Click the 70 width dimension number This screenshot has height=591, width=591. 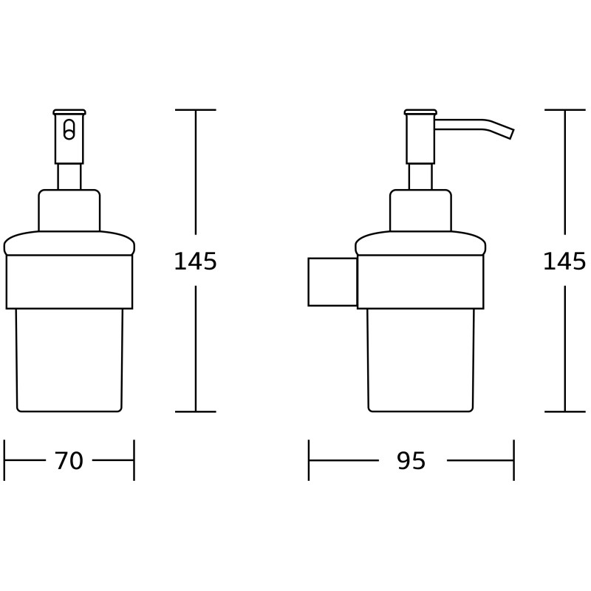pyautogui.click(x=69, y=461)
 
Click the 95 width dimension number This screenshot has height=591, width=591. pyautogui.click(x=411, y=461)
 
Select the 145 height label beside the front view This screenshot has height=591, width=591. pyautogui.click(x=195, y=262)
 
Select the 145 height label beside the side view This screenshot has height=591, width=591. pyautogui.click(x=564, y=262)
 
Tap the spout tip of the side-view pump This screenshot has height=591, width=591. pyautogui.click(x=508, y=132)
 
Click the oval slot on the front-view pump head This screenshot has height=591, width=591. pyautogui.click(x=69, y=130)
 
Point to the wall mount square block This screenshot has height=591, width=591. pyautogui.click(x=332, y=281)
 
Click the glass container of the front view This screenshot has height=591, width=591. pyautogui.click(x=69, y=360)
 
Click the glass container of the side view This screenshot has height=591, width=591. pyautogui.click(x=420, y=360)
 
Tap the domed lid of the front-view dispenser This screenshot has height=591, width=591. pyautogui.click(x=69, y=244)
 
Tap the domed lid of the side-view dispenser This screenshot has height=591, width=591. pyautogui.click(x=420, y=244)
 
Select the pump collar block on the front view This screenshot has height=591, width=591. pyautogui.click(x=69, y=211)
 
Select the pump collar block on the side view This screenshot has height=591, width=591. pyautogui.click(x=420, y=211)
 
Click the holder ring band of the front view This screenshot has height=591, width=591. pyautogui.click(x=69, y=281)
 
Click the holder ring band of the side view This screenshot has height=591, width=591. pyautogui.click(x=420, y=281)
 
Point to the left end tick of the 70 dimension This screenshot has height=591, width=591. pyautogui.click(x=4, y=460)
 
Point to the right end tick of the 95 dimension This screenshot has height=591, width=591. pyautogui.click(x=513, y=460)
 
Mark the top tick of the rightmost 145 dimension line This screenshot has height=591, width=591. pyautogui.click(x=564, y=110)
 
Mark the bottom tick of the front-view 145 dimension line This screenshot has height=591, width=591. pyautogui.click(x=195, y=411)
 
